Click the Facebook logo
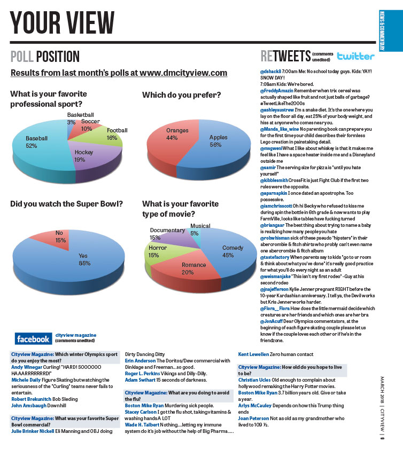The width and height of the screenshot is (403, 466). coord(33,338)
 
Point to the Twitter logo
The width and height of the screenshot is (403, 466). coord(355,56)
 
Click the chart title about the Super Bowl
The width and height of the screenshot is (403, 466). coord(67,204)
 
